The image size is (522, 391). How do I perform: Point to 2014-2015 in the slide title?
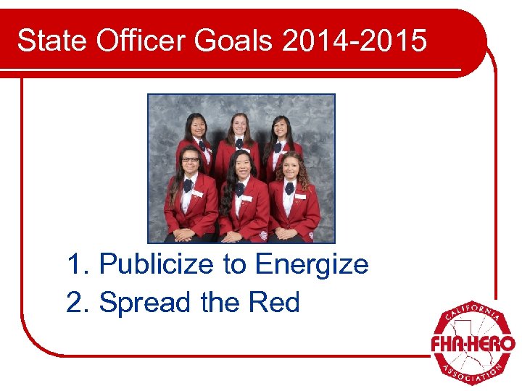coord(355,42)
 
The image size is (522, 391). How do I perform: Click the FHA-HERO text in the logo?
coord(472,342)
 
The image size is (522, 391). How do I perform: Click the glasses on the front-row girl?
coord(190,159)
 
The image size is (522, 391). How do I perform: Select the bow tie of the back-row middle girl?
coord(239,143)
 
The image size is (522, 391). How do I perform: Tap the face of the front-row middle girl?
coord(241,166)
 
